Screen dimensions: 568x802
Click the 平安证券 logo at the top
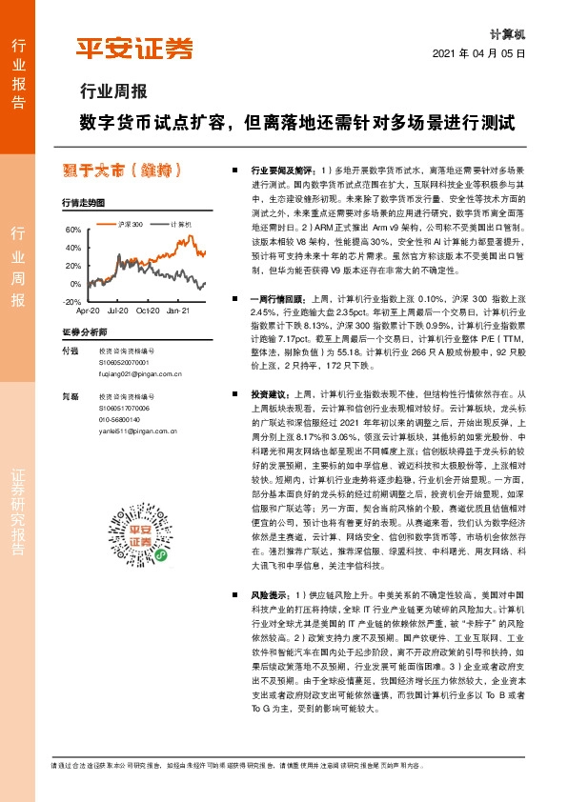coord(134,48)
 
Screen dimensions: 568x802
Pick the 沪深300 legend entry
coord(131,224)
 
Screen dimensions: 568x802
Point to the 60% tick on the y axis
coord(72,230)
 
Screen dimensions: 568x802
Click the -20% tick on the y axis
coord(71,301)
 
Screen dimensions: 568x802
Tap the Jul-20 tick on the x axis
coord(118,311)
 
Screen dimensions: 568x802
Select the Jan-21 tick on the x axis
coord(177,311)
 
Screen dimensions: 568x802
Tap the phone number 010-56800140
coord(119,419)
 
